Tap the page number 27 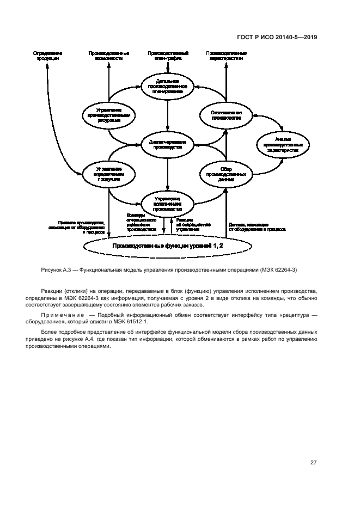click(x=313, y=463)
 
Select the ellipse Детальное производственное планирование click(x=168, y=86)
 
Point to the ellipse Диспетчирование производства click(x=168, y=144)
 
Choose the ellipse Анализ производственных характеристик click(x=282, y=144)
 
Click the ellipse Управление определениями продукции click(x=109, y=173)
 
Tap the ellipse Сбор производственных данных click(x=226, y=173)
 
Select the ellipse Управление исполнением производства click(x=168, y=203)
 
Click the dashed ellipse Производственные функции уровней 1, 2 click(x=168, y=246)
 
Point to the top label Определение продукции click(x=47, y=56)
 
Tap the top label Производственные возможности click(x=109, y=56)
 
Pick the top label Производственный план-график click(x=168, y=56)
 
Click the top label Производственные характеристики click(x=226, y=56)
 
